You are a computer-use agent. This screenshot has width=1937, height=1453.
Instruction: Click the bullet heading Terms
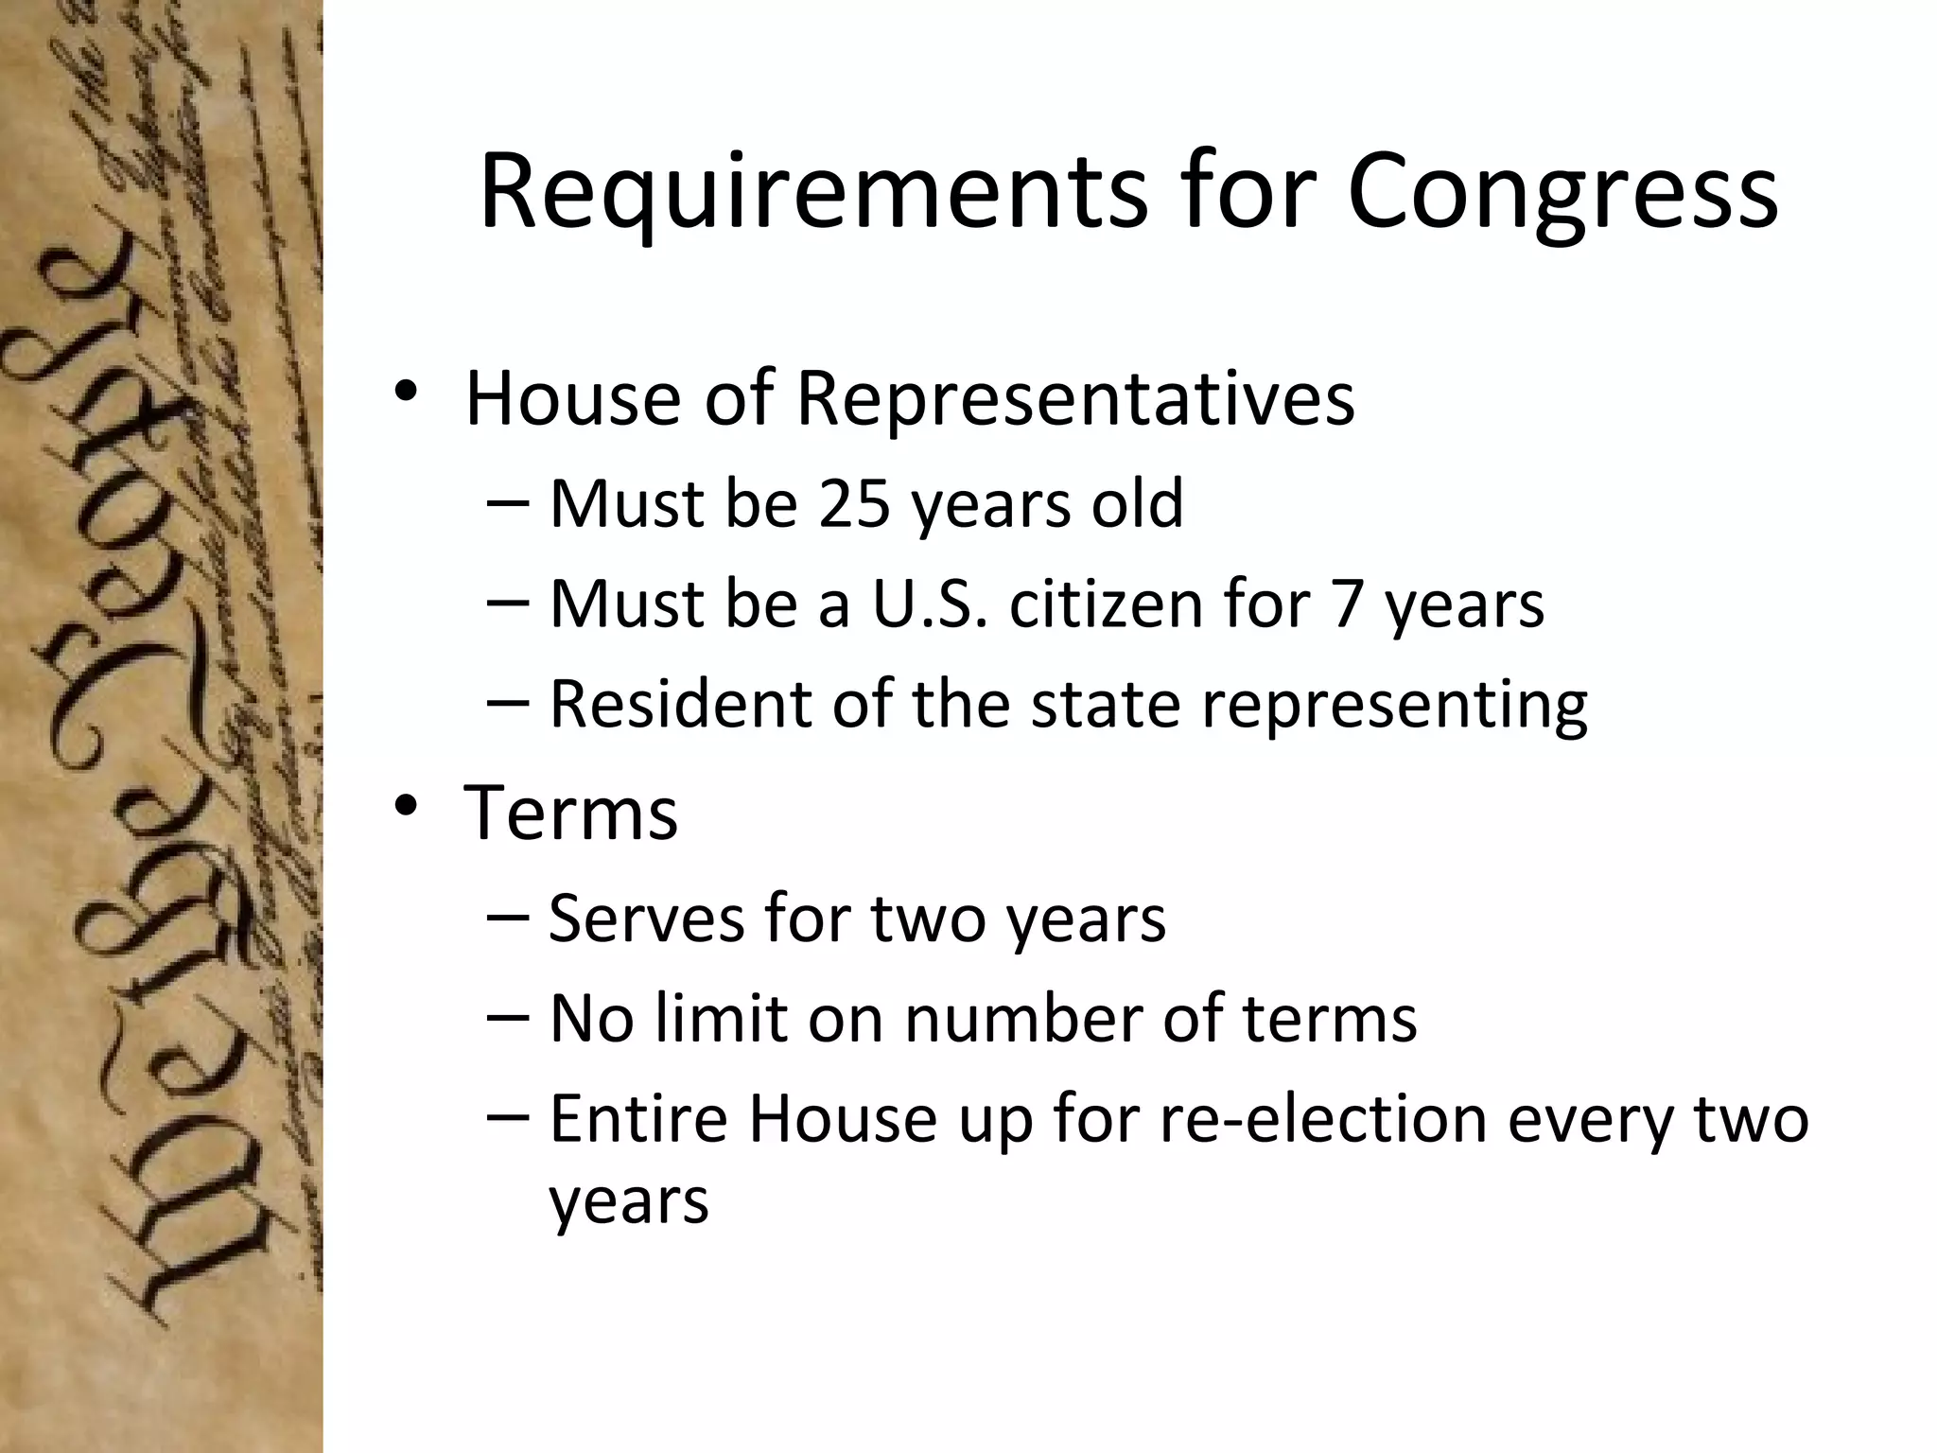[x=571, y=813]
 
